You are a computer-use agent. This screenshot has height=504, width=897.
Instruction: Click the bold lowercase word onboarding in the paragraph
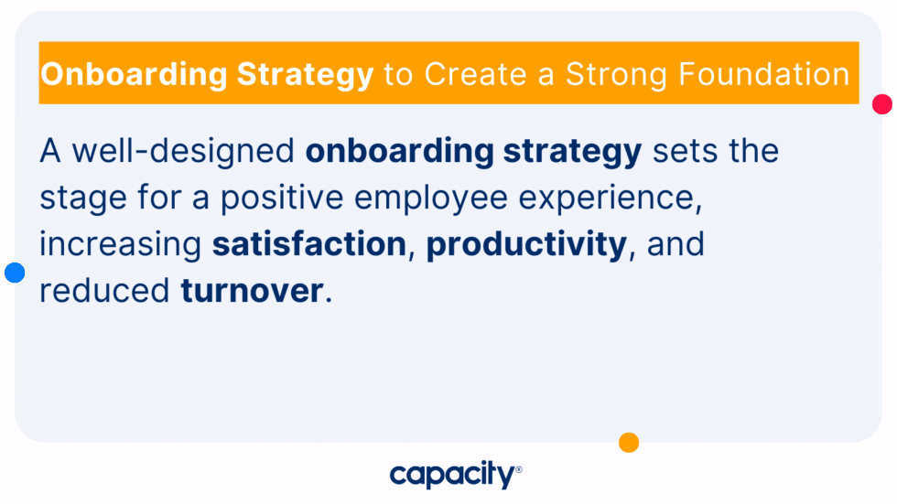400,151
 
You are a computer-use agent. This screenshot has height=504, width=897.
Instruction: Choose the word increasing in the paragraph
121,245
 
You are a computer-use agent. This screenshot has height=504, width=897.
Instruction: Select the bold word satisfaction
309,245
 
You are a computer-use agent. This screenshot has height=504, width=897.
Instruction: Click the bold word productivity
525,245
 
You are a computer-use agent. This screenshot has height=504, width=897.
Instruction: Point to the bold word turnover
252,292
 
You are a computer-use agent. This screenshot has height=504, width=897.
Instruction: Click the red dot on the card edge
882,104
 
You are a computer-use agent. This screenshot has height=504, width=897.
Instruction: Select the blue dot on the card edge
15,272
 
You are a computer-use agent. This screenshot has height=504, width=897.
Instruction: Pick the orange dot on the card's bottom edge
629,443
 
